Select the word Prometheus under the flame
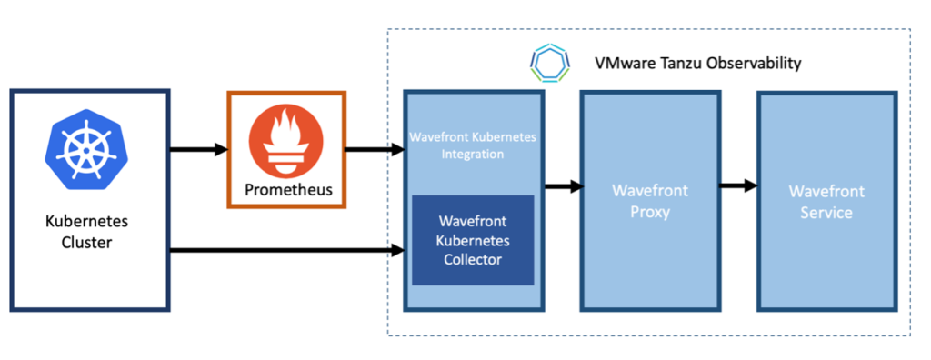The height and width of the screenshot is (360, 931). click(x=286, y=191)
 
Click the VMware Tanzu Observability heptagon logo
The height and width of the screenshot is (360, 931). click(x=550, y=63)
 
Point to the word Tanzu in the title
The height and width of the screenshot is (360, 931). click(x=682, y=63)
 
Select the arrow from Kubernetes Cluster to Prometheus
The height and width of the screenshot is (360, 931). click(x=199, y=150)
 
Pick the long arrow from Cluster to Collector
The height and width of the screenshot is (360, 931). click(x=287, y=251)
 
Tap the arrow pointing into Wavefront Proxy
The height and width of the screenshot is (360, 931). click(x=564, y=187)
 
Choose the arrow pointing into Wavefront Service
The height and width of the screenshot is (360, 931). click(x=738, y=186)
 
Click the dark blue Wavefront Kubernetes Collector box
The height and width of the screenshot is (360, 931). click(x=473, y=240)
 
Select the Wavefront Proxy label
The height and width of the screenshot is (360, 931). click(x=650, y=202)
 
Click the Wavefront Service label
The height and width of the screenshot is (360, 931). click(x=826, y=202)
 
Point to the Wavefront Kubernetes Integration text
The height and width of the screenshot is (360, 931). click(x=473, y=146)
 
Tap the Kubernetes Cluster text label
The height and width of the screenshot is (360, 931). click(x=86, y=232)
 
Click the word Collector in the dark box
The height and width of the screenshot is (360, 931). click(x=473, y=260)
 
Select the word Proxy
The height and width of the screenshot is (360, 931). click(x=650, y=212)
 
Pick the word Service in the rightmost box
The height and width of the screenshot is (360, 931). click(x=826, y=212)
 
